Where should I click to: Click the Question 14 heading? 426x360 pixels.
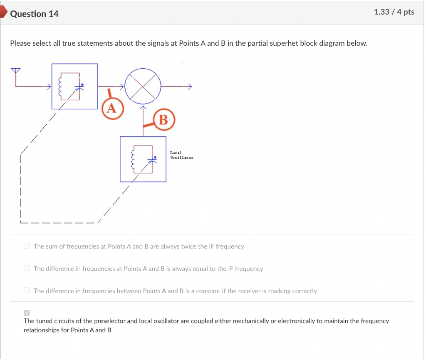pos(34,14)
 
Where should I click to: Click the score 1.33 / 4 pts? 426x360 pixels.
pos(394,12)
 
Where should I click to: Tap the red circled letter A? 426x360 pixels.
pos(112,108)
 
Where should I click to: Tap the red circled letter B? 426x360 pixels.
pos(164,119)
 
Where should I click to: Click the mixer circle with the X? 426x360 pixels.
pos(143,86)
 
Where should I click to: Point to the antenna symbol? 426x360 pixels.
pos(15,71)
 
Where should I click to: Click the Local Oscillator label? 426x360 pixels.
pos(181,155)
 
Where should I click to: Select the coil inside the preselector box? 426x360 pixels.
pos(60,86)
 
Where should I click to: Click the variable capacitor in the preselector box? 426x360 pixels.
pos(79,86)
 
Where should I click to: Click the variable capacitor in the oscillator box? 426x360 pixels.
pos(152,159)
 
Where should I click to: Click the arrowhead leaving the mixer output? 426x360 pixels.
pos(190,86)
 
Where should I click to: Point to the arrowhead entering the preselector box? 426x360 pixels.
pos(49,86)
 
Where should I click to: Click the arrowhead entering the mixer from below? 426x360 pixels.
pos(143,107)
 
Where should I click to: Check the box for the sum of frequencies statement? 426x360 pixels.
pos(27,246)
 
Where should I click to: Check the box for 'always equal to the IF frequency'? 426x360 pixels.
pos(27,268)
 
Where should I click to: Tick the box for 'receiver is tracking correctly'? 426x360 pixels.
pos(27,291)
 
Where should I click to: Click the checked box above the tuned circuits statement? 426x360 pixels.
pos(27,313)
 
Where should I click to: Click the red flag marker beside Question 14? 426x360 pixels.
pos(3,12)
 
